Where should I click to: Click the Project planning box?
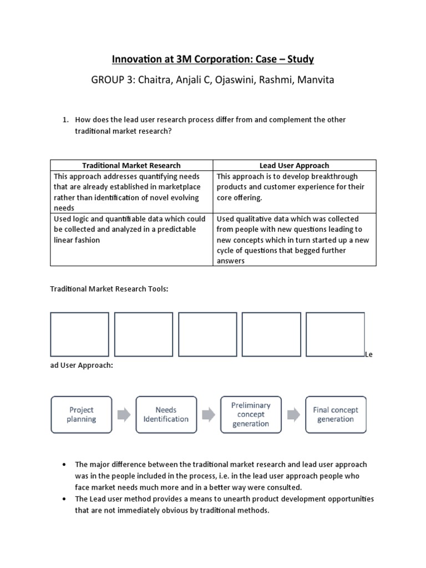(x=82, y=414)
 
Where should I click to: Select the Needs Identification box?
(x=166, y=414)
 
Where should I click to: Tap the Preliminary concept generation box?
(x=251, y=414)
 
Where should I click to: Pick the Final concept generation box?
(x=336, y=414)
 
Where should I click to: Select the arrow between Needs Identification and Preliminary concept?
(x=209, y=415)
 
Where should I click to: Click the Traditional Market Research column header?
(x=131, y=165)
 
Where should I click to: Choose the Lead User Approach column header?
(x=294, y=165)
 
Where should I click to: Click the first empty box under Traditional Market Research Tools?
(x=79, y=334)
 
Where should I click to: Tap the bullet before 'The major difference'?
(x=65, y=464)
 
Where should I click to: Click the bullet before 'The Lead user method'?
(x=65, y=499)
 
